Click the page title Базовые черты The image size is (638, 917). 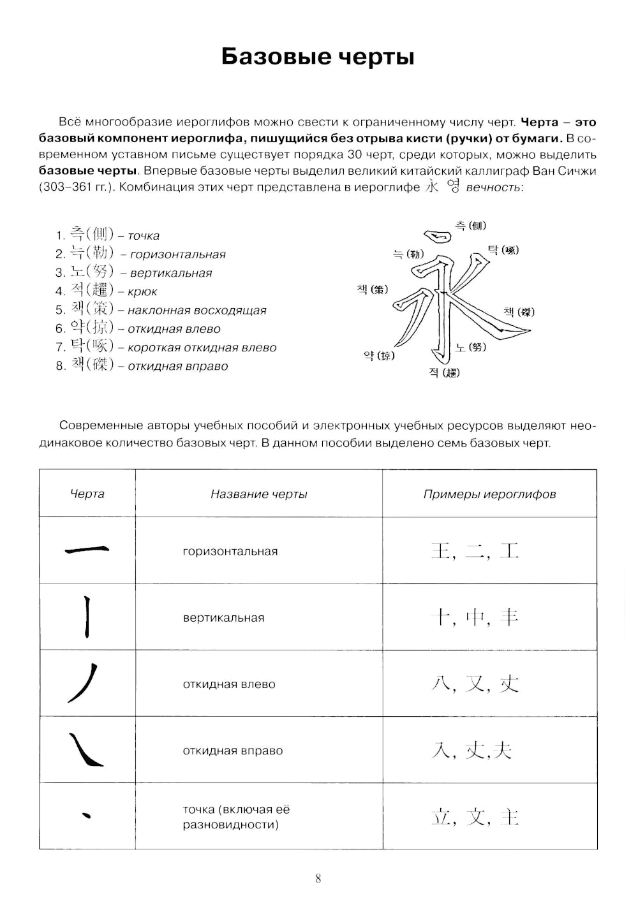(318, 57)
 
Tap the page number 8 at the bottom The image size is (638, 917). (318, 879)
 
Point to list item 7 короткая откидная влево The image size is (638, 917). (166, 347)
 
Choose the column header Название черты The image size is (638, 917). (258, 494)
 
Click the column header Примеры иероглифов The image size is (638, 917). (489, 494)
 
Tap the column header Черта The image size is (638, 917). (87, 494)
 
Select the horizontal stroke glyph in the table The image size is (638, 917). (87, 550)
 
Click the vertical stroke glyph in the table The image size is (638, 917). (87, 617)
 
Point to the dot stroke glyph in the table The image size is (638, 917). (87, 814)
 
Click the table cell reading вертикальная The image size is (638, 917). (223, 618)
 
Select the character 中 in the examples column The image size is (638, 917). (475, 617)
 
